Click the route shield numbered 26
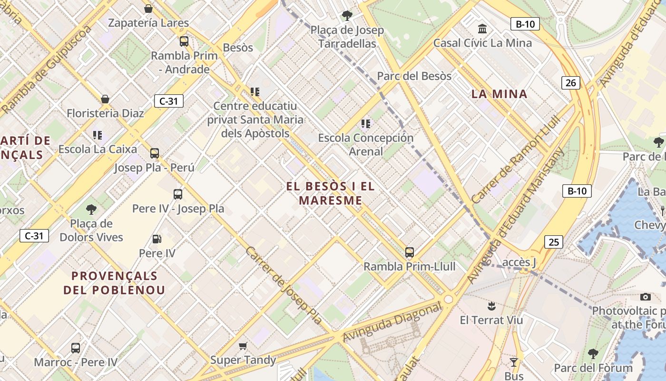pyautogui.click(x=570, y=83)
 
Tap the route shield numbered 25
pyautogui.click(x=553, y=242)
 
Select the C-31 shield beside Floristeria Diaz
pyautogui.click(x=168, y=101)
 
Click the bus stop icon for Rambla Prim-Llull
pyautogui.click(x=409, y=252)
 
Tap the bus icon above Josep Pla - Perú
pyautogui.click(x=155, y=153)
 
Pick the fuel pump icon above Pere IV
pyautogui.click(x=157, y=239)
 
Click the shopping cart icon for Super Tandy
pyautogui.click(x=243, y=346)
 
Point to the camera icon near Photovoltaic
pyautogui.click(x=645, y=297)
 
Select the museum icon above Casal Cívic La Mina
pyautogui.click(x=482, y=29)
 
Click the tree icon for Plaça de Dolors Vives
pyautogui.click(x=91, y=210)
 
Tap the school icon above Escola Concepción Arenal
pyautogui.click(x=365, y=124)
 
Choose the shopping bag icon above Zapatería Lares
pyautogui.click(x=148, y=9)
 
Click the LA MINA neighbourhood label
pyautogui.click(x=499, y=94)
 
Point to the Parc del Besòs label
pyautogui.click(x=414, y=76)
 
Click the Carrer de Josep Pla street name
pyautogui.click(x=284, y=286)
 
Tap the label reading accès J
pyautogui.click(x=519, y=262)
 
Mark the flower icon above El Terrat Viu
pyautogui.click(x=491, y=306)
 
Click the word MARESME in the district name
pyautogui.click(x=331, y=201)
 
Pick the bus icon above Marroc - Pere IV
pyautogui.click(x=76, y=348)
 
